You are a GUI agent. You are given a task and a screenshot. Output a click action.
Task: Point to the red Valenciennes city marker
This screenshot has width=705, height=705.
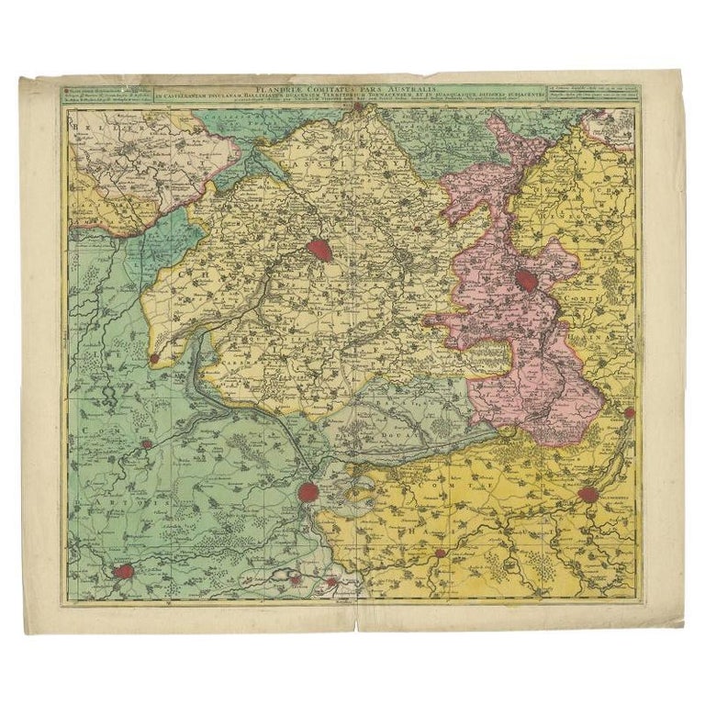588,496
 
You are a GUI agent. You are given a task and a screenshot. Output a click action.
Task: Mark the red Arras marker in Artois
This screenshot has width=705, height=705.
124,573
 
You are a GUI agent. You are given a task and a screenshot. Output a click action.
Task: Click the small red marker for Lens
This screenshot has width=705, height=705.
146,445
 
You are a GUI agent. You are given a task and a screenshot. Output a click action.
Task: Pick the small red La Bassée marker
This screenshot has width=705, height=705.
154,357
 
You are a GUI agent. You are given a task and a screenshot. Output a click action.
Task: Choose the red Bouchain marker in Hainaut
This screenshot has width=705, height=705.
441,554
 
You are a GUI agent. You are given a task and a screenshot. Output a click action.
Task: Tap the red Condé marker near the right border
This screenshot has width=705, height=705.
629,413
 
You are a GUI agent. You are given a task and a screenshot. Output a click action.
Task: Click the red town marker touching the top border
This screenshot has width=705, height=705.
358,107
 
